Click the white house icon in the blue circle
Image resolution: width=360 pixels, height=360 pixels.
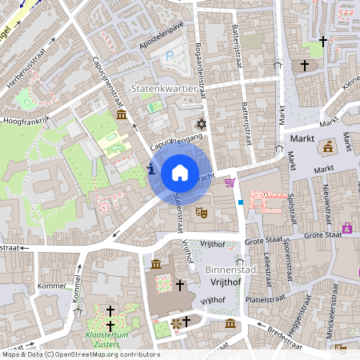click(x=180, y=173)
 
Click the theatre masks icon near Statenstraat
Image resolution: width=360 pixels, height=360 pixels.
click(x=202, y=211)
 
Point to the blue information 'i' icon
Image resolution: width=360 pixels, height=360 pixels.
click(x=151, y=169)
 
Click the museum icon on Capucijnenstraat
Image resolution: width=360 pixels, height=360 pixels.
click(x=121, y=117)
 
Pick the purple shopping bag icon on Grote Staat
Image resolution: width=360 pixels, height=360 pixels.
click(x=346, y=228)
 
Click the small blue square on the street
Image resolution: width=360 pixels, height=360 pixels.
click(x=240, y=202)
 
